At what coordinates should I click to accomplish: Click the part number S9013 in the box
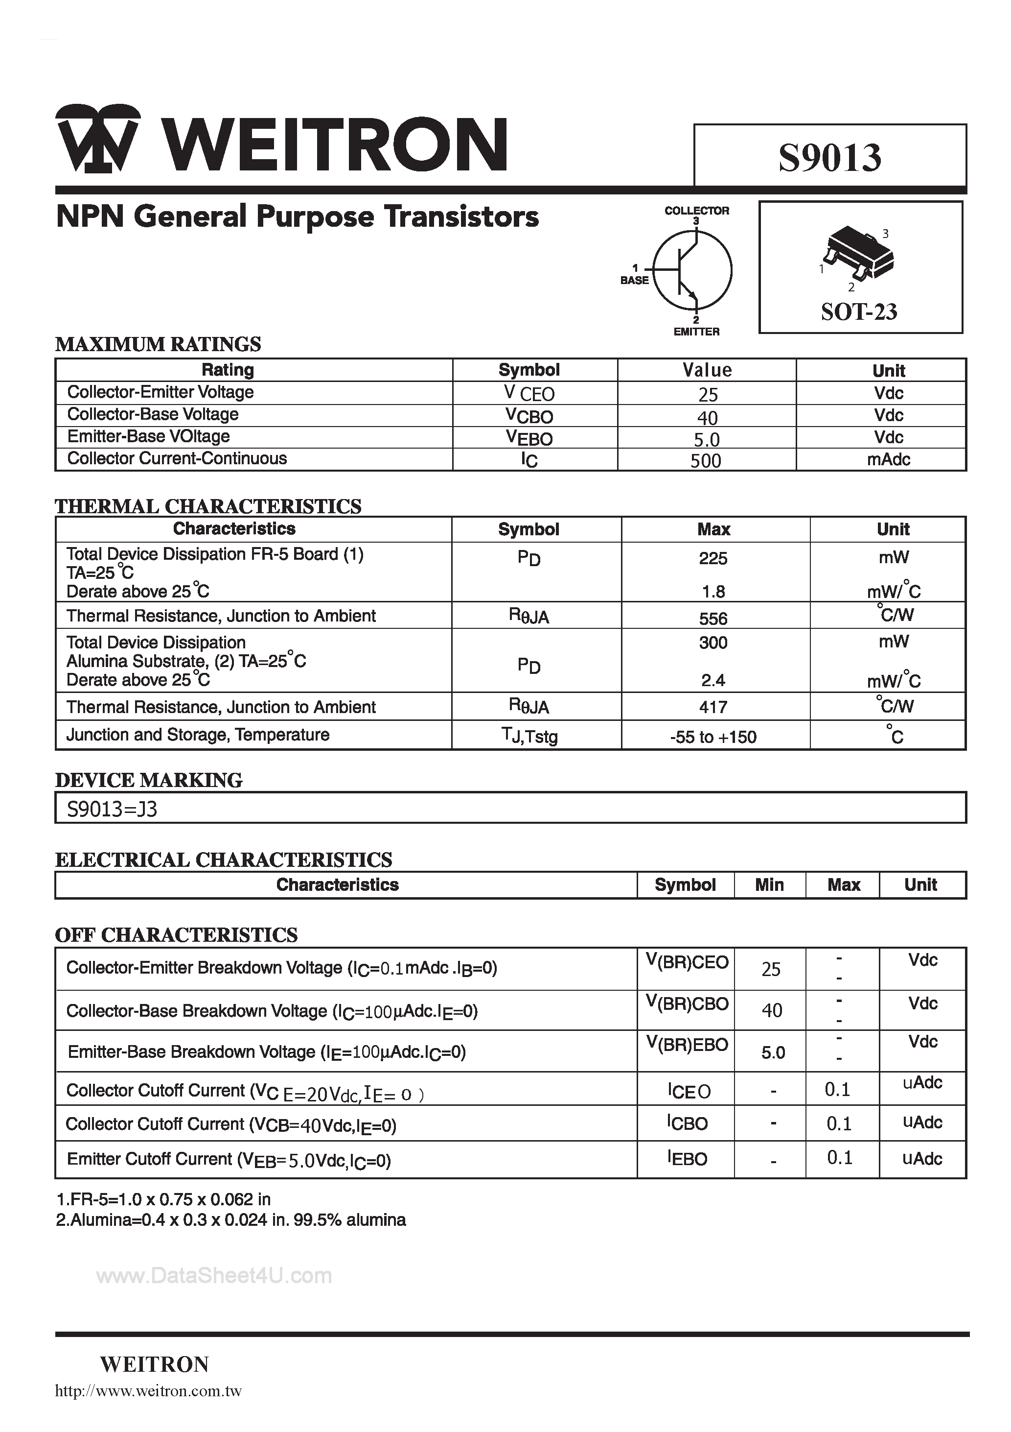pos(829,158)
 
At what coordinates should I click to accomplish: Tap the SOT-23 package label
pos(859,311)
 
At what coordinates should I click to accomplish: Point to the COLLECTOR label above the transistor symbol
pos(696,211)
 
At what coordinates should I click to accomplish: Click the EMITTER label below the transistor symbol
pos(696,332)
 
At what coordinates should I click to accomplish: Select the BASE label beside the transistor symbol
pos(635,281)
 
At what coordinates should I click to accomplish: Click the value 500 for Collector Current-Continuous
pos(706,461)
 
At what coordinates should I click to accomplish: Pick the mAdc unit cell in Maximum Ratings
pos(888,460)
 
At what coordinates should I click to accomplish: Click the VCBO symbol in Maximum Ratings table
pos(529,416)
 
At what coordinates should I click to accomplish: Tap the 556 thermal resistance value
pos(713,619)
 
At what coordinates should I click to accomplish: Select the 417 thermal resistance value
pos(713,707)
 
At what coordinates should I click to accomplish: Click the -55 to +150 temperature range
pos(713,737)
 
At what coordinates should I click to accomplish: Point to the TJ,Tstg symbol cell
pos(529,736)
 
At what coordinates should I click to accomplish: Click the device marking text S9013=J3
pos(112,810)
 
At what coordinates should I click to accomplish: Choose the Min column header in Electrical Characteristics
pos(769,885)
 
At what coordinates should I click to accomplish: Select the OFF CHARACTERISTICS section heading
pos(176,935)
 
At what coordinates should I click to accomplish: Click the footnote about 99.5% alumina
pos(230,1220)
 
